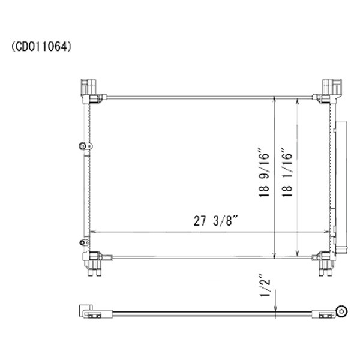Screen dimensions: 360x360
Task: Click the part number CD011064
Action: (x=41, y=47)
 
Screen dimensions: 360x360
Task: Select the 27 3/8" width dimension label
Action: (x=215, y=221)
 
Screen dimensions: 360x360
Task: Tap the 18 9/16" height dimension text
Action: (x=263, y=172)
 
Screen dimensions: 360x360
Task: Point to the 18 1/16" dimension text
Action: (x=287, y=172)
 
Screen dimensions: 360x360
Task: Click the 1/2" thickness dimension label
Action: (x=265, y=285)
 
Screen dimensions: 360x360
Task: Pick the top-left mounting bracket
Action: (x=91, y=91)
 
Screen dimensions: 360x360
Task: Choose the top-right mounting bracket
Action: (x=328, y=91)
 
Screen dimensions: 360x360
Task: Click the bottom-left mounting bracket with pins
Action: (x=95, y=263)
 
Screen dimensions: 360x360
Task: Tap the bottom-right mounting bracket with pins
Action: (x=324, y=263)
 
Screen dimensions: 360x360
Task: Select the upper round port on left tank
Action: (x=82, y=146)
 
